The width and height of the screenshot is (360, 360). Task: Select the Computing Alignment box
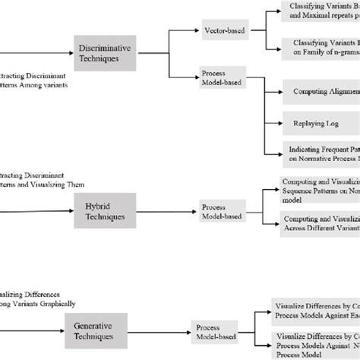pyautogui.click(x=320, y=92)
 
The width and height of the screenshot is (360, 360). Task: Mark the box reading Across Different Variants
pyautogui.click(x=319, y=224)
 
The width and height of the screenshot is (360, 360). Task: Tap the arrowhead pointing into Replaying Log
pyautogui.click(x=278, y=122)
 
